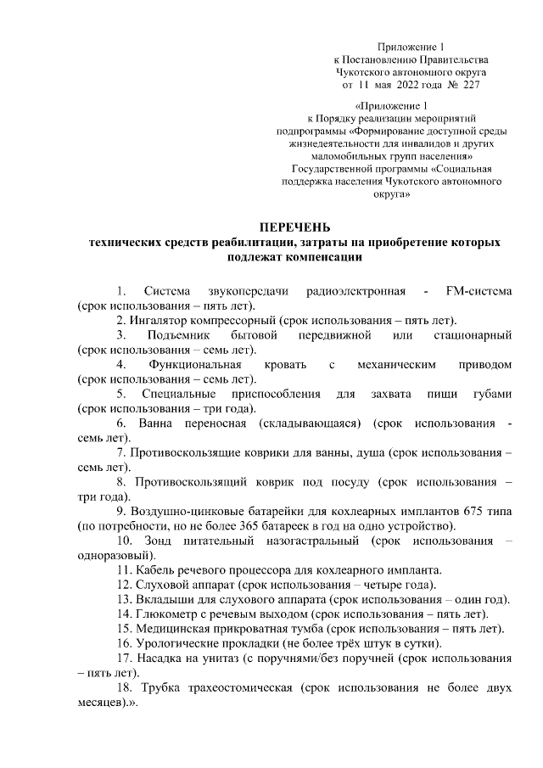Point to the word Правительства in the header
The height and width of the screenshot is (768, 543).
[x=456, y=59]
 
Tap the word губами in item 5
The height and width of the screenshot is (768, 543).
[x=490, y=395]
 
